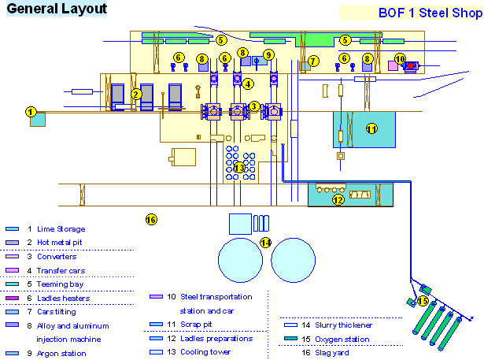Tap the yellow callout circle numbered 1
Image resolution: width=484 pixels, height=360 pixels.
point(31,113)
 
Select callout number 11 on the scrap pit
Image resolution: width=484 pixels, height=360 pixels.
point(371,128)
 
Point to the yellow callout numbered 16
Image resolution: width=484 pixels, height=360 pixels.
point(151,219)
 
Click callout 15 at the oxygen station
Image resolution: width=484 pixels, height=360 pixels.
point(423,300)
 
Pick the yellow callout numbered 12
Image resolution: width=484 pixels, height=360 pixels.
point(338,199)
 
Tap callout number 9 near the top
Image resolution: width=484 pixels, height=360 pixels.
point(268,54)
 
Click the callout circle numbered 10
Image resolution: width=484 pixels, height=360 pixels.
point(400,58)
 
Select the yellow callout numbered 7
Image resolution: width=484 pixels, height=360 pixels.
point(312,61)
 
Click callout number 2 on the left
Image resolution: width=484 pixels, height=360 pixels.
point(136,95)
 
